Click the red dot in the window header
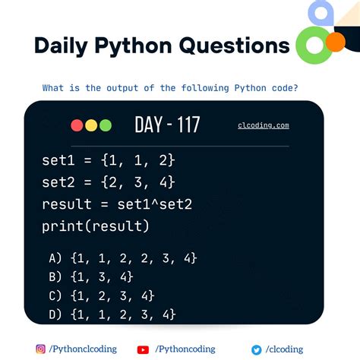[x=77, y=125]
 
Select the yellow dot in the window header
[x=91, y=125]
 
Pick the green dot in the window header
[x=105, y=125]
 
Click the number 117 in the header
[x=185, y=125]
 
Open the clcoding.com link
[x=263, y=125]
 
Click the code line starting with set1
[x=109, y=160]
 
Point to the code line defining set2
[x=109, y=182]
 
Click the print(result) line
[x=96, y=226]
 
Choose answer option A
[x=122, y=258]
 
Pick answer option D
[x=112, y=313]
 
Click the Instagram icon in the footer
[x=41, y=349]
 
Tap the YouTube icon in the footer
[x=143, y=349]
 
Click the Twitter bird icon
[x=257, y=349]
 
